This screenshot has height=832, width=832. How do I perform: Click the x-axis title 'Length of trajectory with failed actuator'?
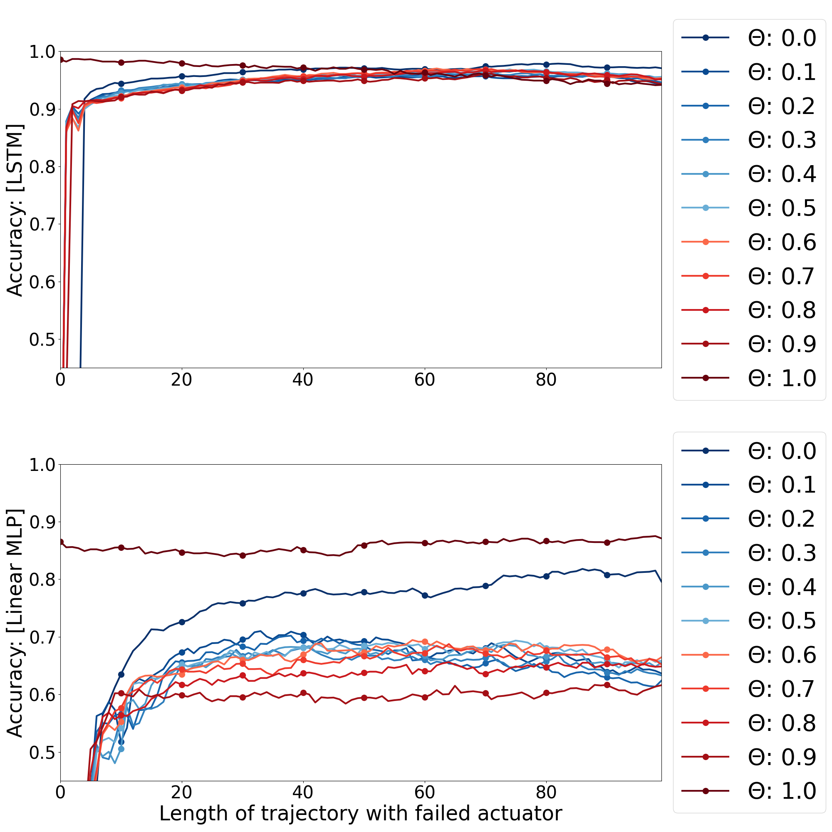point(361,813)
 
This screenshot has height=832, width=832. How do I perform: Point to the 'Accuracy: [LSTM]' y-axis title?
point(15,210)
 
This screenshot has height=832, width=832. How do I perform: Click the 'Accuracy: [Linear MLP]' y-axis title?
point(15,623)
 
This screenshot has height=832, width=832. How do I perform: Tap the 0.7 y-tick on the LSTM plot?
point(42,224)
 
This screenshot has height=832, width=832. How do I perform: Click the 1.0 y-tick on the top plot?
point(42,52)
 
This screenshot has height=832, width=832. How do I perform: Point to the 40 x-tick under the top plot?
point(303,380)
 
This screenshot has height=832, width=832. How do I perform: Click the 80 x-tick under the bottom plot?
point(546,792)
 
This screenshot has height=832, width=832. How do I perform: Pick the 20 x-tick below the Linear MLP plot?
point(181,792)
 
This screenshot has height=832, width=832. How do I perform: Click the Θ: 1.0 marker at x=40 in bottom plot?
point(303,550)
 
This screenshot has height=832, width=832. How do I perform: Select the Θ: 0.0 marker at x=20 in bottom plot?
point(182,622)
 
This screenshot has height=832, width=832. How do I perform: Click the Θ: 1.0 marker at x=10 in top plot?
point(121,62)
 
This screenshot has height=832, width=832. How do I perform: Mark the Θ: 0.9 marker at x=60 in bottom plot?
point(425,697)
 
